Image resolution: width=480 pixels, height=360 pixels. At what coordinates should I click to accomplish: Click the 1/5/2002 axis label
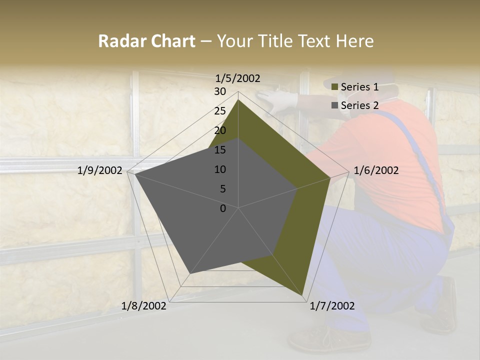coord(237,78)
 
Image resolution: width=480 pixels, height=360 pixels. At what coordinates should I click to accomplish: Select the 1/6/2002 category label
coord(376,170)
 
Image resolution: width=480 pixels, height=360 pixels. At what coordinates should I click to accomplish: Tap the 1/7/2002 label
coord(332,306)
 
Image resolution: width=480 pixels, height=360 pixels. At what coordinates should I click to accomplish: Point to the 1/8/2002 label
coord(144,306)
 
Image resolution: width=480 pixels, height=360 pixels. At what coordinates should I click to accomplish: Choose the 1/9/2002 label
coord(100,170)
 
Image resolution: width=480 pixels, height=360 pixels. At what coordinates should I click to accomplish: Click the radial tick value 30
coord(220,91)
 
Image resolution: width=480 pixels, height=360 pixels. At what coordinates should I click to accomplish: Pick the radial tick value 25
coord(220,111)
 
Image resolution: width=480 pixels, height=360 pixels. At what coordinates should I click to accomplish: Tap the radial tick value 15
coord(220,150)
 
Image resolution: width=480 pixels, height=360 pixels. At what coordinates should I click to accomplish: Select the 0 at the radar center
coord(223,208)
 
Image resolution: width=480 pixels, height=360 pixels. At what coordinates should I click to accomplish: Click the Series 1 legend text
coord(359,87)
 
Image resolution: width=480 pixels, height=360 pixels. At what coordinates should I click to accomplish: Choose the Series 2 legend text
coord(359,105)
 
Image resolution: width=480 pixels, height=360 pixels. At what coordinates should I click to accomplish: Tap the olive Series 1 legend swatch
coord(334,87)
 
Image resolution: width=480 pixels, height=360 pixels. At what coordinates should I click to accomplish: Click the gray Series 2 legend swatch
coord(334,105)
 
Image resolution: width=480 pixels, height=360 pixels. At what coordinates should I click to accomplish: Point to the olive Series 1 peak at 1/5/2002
coord(238,100)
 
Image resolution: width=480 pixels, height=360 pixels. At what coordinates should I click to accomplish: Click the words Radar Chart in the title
coord(146,41)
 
